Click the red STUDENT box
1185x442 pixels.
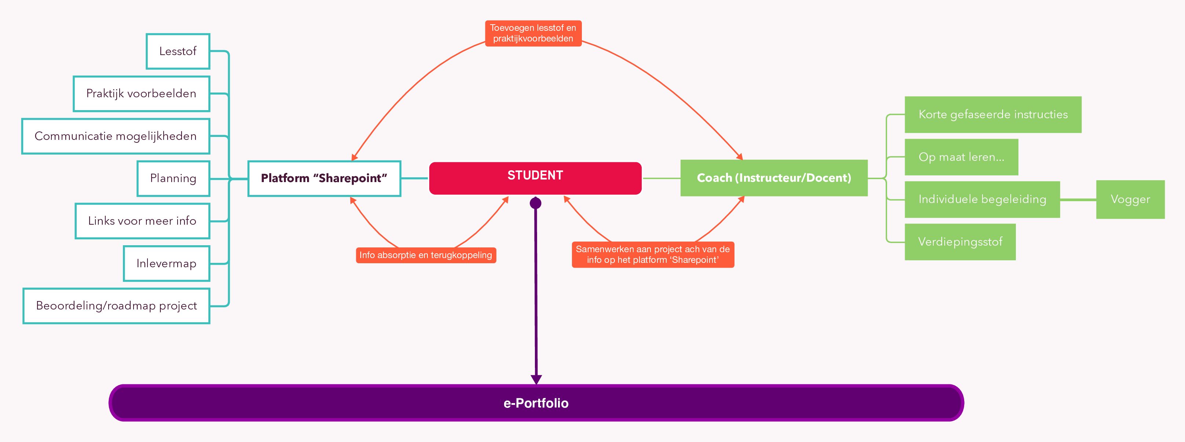point(535,178)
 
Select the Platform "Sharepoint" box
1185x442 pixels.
point(324,178)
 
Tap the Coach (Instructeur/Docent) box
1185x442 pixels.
point(774,178)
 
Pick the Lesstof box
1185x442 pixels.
point(178,51)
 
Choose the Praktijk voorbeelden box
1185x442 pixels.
point(141,94)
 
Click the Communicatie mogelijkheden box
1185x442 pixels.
point(116,136)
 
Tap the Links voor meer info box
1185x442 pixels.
point(142,221)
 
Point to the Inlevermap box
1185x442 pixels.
point(167,263)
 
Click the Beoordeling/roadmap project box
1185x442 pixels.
point(116,306)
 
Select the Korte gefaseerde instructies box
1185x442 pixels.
point(993,115)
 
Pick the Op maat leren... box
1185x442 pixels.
point(961,157)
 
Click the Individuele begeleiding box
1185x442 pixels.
point(982,199)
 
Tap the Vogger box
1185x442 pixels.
point(1130,199)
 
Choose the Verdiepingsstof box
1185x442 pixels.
point(960,242)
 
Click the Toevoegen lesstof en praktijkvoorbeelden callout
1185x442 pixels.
point(533,33)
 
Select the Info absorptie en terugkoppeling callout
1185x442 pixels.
point(426,255)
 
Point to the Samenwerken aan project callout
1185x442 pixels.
point(653,255)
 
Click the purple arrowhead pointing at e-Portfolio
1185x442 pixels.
point(536,379)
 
